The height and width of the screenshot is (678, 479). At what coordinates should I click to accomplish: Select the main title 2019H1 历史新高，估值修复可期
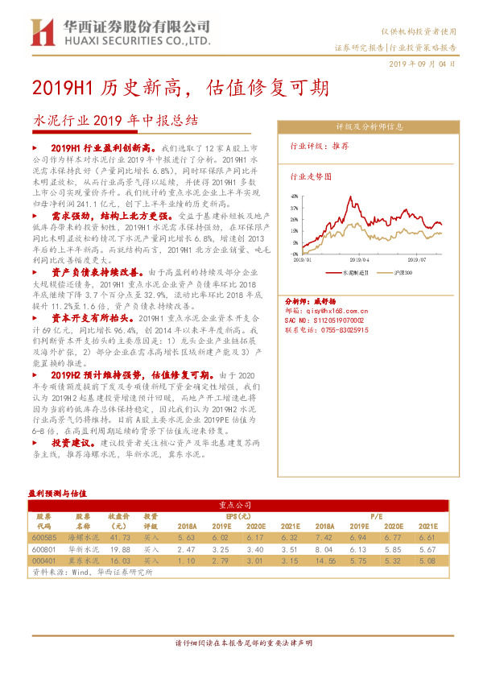click(x=180, y=86)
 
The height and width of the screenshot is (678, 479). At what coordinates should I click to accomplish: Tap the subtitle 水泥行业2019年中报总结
click(x=115, y=121)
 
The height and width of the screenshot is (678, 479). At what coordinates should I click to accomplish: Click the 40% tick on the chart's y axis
click(x=295, y=195)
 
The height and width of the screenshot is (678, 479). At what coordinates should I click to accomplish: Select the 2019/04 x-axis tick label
click(x=359, y=259)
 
